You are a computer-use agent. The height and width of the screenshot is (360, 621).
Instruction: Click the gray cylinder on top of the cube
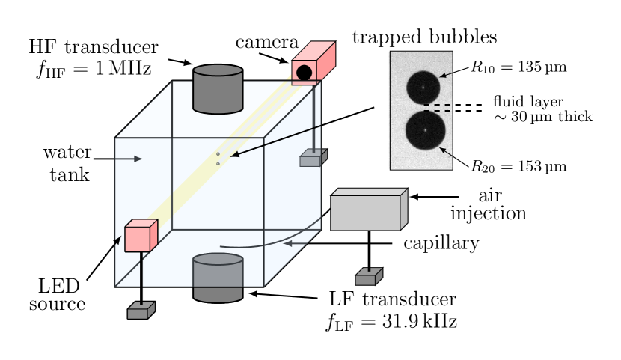tap(218, 90)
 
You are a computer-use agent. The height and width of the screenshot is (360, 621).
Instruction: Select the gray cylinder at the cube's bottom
tap(218, 278)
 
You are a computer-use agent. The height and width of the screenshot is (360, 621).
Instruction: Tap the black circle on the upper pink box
tap(304, 73)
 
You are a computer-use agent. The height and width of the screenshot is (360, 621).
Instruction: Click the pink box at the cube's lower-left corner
tap(140, 237)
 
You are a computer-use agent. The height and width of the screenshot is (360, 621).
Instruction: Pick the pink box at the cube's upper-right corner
tap(313, 63)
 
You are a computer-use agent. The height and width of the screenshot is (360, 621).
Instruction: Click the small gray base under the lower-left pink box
tap(141, 311)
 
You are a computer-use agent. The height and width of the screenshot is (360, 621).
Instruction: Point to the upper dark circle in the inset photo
tap(423, 88)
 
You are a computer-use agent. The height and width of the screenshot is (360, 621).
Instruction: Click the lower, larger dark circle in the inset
tap(425, 130)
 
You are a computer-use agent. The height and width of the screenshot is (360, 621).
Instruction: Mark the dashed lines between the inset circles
tap(438, 108)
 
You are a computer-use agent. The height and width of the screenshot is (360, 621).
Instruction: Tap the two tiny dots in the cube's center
tap(218, 159)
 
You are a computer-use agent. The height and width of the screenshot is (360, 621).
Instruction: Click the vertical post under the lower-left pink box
tap(141, 277)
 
